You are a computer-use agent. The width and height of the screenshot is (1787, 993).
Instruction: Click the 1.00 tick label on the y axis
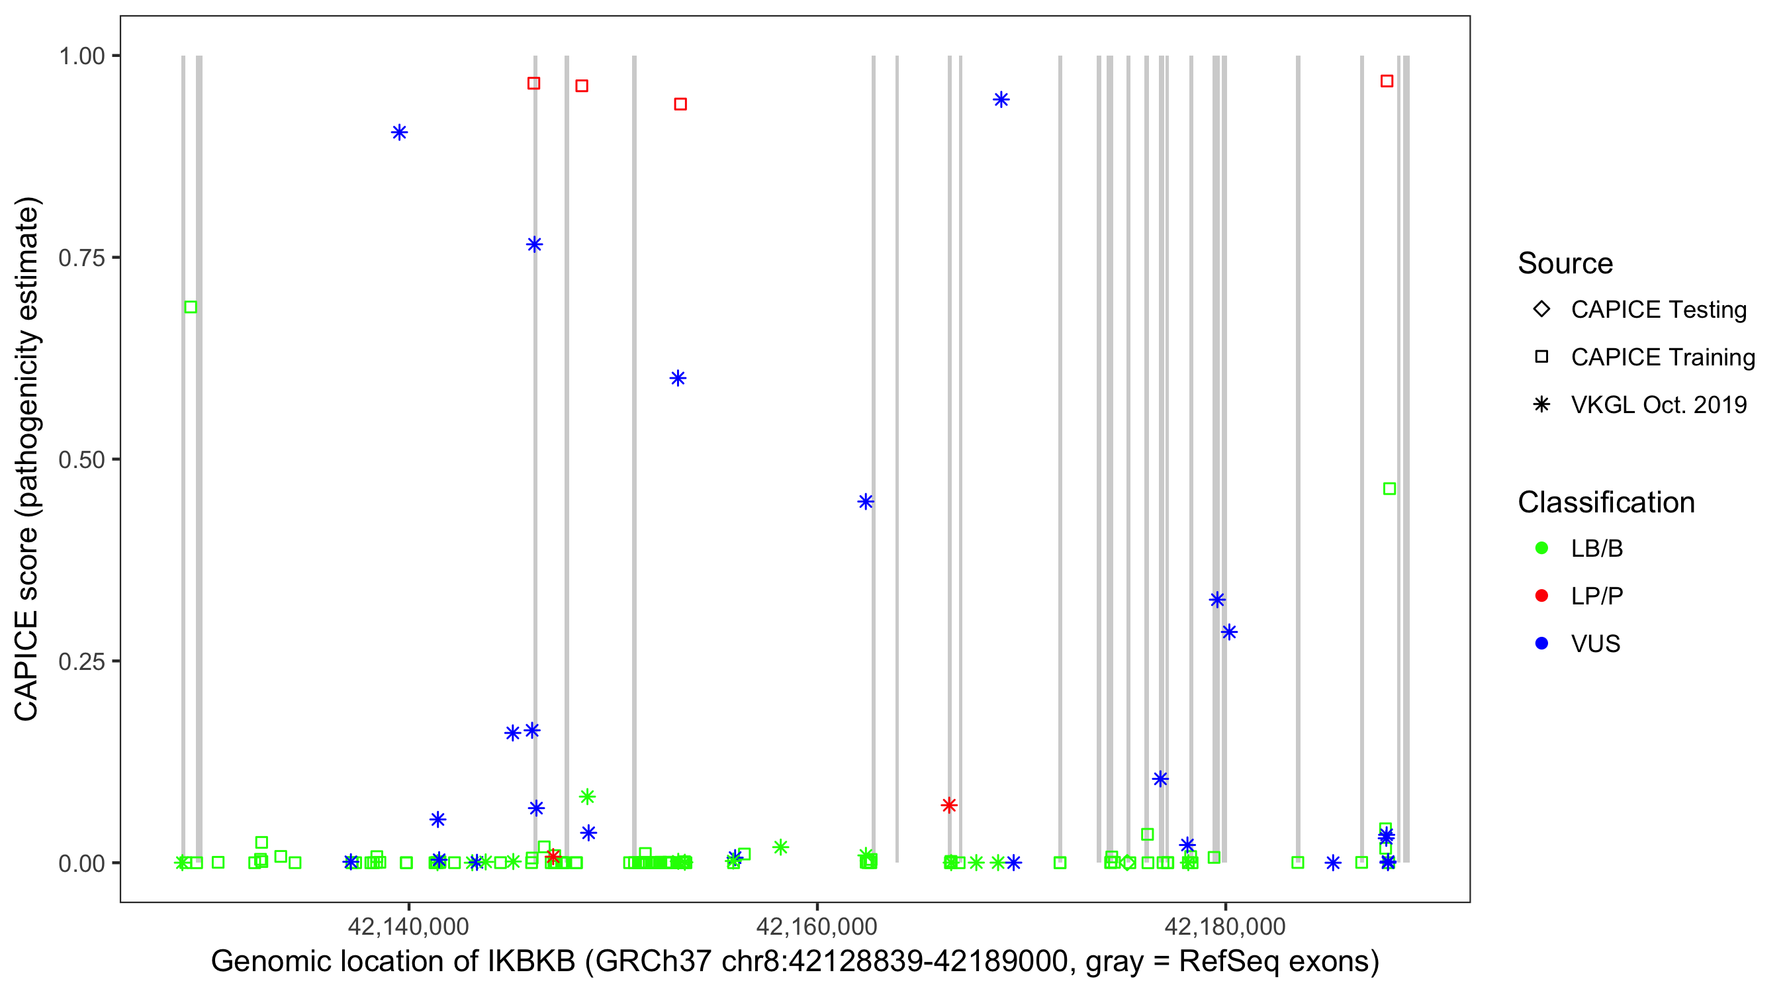point(81,56)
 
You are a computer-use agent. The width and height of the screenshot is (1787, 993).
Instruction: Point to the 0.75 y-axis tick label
point(81,258)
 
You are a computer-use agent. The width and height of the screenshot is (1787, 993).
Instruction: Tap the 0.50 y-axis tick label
point(81,459)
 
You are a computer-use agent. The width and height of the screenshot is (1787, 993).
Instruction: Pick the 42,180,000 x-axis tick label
point(1225,925)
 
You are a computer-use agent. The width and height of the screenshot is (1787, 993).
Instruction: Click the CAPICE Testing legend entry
point(1658,310)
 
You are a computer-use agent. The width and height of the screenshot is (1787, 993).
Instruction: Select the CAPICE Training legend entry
point(1662,357)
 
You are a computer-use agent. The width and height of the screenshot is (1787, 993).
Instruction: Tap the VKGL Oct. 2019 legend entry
point(1658,405)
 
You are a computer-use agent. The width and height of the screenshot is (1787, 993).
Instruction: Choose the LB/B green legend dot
point(1542,548)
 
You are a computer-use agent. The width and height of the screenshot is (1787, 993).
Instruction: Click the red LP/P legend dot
point(1542,596)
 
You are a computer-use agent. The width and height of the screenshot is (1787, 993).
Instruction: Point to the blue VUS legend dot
point(1542,644)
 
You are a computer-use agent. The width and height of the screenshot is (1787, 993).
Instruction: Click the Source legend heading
point(1565,263)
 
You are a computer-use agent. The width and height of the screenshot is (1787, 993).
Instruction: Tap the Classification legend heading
point(1606,502)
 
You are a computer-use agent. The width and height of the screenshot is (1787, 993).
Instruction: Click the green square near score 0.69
point(191,307)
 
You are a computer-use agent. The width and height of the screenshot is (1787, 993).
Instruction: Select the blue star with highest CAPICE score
point(1000,100)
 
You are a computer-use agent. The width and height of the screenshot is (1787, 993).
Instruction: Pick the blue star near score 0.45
point(865,502)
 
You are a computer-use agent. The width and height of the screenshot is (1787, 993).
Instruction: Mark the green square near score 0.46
point(1389,489)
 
